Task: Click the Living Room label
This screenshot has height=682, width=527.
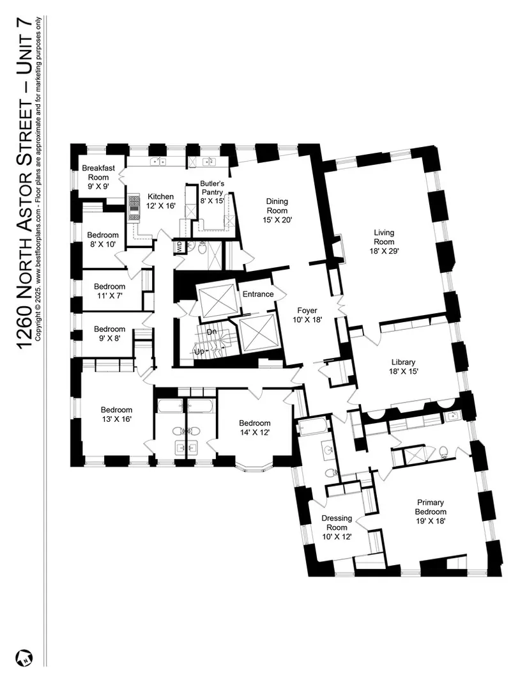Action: pos(384,242)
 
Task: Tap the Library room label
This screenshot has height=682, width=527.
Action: pos(403,367)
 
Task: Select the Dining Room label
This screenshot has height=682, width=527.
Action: pos(277,210)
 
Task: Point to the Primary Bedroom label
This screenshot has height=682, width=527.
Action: pos(431,511)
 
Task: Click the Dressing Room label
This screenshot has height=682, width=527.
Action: pos(337,527)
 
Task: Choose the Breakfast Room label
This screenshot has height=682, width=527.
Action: pos(98,177)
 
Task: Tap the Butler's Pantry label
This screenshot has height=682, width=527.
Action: pos(212,192)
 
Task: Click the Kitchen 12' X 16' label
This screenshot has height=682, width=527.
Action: pos(160,201)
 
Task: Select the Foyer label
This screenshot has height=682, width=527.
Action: pos(307,315)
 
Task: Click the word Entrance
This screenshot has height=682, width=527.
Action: pos(258,294)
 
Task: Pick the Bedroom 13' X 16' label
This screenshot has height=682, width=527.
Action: pos(116,414)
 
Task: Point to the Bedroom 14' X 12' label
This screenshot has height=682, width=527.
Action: pos(255,428)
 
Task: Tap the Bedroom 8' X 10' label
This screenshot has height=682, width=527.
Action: pos(103,240)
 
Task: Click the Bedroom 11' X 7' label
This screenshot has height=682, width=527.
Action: pos(110,291)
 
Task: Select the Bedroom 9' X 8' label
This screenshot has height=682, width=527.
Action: pos(110,334)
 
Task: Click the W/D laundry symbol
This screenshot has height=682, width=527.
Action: pos(179,248)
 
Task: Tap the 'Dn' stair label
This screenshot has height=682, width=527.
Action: pos(211,332)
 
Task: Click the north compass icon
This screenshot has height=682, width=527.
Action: pos(24,658)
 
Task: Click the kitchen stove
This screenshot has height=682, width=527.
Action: pos(134,208)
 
